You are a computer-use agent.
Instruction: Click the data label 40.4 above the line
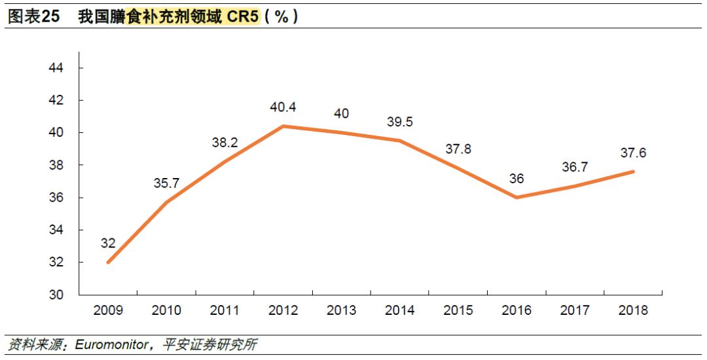(283, 107)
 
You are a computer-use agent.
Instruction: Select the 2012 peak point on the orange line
(283, 126)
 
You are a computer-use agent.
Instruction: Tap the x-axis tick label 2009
(108, 310)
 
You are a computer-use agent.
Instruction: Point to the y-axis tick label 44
(56, 68)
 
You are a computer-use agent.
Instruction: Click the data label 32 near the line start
(108, 243)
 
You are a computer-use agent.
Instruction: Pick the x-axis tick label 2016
(517, 310)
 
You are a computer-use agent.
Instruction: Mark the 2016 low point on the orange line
(517, 197)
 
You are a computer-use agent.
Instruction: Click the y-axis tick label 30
(56, 295)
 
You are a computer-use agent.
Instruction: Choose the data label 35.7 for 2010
(166, 183)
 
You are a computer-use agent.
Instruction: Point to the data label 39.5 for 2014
(399, 122)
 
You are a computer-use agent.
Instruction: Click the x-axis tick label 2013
(341, 310)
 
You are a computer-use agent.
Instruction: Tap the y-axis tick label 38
(56, 166)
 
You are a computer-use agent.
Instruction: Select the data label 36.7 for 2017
(574, 168)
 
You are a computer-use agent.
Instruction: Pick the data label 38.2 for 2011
(225, 143)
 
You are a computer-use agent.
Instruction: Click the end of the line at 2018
(633, 171)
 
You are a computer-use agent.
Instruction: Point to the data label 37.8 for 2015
(458, 149)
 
